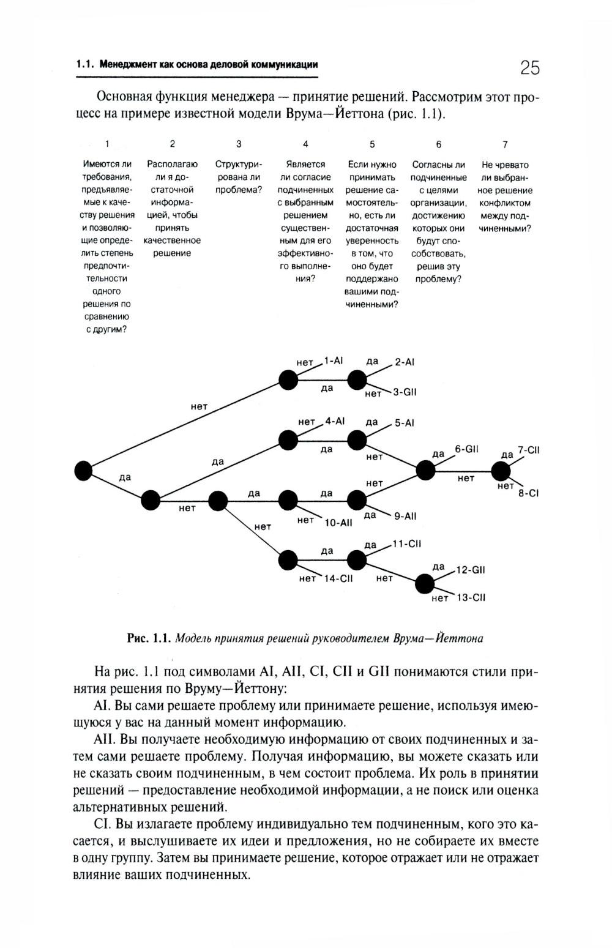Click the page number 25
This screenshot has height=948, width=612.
529,67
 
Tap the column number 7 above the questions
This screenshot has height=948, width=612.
505,144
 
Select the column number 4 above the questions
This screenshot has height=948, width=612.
305,144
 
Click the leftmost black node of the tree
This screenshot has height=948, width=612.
83,471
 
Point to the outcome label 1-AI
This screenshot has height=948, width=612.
334,360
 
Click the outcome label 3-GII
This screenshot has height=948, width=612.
405,392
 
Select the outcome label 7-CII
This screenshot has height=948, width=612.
529,450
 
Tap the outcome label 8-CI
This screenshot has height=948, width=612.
528,493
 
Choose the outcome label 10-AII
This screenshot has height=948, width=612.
338,523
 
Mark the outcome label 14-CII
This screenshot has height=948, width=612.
338,578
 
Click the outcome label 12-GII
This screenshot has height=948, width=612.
471,570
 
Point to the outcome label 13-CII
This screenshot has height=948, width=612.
471,597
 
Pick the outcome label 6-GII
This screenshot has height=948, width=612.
466,449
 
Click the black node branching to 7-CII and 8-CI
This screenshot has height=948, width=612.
501,471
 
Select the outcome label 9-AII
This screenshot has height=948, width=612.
405,516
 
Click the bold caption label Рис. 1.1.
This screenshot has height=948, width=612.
148,638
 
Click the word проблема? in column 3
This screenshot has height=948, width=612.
239,190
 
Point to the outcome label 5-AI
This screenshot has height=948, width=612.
405,423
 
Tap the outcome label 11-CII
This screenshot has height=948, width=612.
407,543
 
